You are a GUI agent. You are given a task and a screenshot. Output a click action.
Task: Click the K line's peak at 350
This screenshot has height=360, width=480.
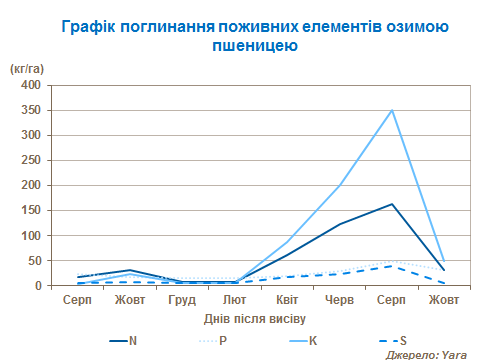392,110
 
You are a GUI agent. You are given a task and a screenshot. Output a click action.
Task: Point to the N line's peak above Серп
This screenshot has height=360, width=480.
392,204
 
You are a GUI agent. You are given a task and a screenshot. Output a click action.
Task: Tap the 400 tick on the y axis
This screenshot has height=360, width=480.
28,85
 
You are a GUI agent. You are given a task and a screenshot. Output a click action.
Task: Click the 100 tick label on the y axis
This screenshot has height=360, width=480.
28,235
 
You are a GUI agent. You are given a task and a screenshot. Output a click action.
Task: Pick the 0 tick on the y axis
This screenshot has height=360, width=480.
34,285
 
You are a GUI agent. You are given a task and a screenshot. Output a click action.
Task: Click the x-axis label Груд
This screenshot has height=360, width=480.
182,299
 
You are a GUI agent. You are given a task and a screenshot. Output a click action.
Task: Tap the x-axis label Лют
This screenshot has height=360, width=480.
234,299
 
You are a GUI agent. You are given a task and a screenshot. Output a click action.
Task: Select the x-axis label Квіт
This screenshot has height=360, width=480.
287,299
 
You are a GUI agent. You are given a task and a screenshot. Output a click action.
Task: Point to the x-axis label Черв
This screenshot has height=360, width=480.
339,299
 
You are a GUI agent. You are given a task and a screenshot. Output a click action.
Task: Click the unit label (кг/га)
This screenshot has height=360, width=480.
27,68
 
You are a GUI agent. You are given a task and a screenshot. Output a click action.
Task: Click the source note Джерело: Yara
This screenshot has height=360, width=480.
427,353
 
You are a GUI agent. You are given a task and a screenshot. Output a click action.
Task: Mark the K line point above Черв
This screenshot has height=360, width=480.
339,185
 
